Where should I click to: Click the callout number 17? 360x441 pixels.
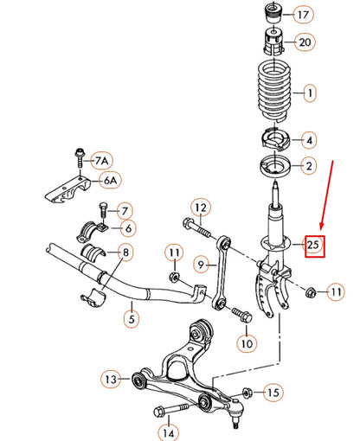303,15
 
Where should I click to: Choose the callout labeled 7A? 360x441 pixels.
102,161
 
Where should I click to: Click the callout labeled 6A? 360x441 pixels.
111,182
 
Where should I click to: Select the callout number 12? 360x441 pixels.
200,207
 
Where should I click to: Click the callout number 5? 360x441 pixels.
132,317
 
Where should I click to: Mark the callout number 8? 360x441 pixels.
125,253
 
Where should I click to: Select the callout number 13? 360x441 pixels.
111,379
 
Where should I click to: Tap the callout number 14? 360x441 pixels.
169,431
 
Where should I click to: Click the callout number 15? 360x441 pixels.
273,393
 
